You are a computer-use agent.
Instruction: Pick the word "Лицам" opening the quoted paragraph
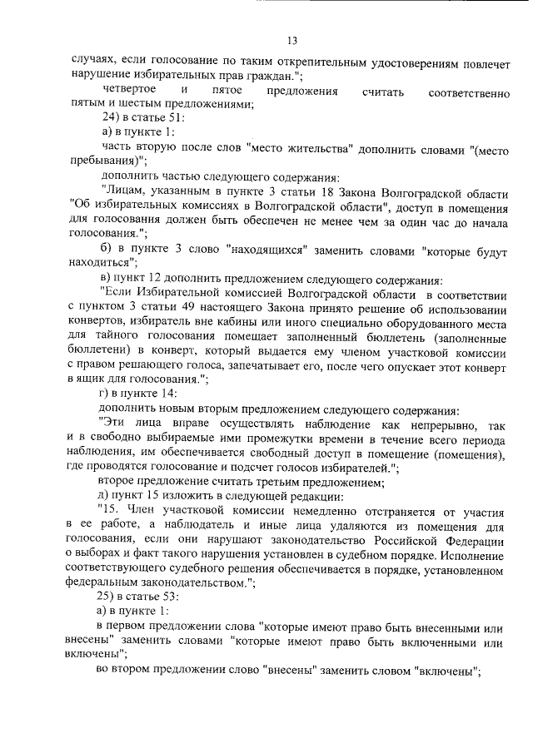coord(126,192)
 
